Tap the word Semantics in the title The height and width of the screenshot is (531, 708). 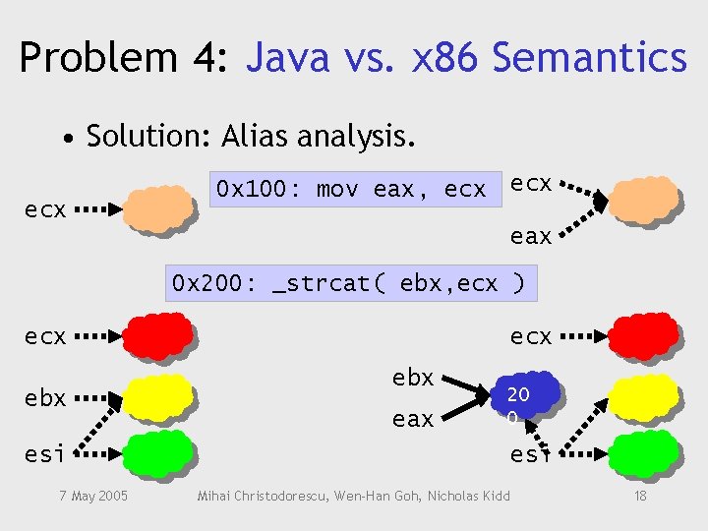589,57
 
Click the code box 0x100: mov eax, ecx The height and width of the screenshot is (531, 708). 351,189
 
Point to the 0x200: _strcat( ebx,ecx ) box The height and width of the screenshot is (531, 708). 349,283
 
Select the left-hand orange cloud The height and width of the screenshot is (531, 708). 157,208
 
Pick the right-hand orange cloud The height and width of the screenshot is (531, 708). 644,200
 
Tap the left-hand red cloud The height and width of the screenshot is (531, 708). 157,335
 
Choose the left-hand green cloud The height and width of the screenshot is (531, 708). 157,453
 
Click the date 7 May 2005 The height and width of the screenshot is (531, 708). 91,496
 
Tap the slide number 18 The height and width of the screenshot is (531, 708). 640,496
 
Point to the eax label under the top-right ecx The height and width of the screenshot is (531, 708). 531,236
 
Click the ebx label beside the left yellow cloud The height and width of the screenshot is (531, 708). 45,398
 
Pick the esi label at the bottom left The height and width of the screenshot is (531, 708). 45,454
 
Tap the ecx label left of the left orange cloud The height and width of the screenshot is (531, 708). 45,209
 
